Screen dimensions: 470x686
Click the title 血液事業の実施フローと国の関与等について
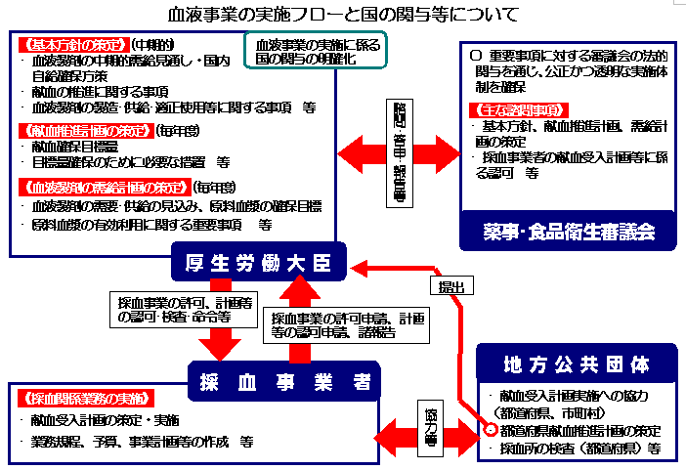[x=343, y=15]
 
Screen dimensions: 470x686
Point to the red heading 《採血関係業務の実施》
[x=83, y=399]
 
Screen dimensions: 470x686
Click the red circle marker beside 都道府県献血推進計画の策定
[x=490, y=430]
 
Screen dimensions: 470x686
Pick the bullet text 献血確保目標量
[x=77, y=147]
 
